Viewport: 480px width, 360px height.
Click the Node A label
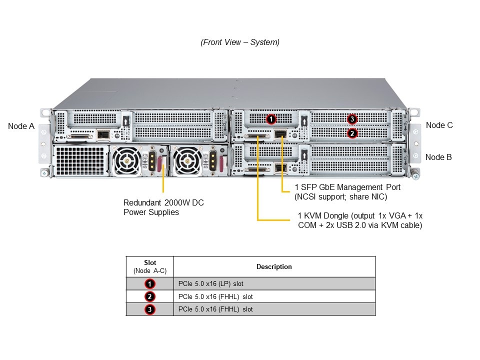[x=21, y=126]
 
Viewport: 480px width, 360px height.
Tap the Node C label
[x=439, y=125]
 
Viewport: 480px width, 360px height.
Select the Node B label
[x=438, y=157]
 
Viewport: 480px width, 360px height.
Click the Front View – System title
[x=240, y=42]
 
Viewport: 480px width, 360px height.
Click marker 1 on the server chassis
[x=270, y=119]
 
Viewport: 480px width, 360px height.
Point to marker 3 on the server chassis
[x=352, y=119]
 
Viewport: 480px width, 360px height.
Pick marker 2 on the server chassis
[x=352, y=133]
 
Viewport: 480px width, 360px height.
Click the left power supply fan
[x=126, y=161]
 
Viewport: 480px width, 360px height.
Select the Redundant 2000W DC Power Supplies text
[x=163, y=207]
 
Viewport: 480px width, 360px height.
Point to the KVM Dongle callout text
[x=359, y=220]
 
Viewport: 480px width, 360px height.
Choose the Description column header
[x=274, y=267]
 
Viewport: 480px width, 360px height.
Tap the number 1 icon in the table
[x=150, y=284]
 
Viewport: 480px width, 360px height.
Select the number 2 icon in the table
[x=150, y=296]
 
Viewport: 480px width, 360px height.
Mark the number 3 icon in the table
[x=150, y=309]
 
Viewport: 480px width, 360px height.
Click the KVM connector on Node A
[x=81, y=135]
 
